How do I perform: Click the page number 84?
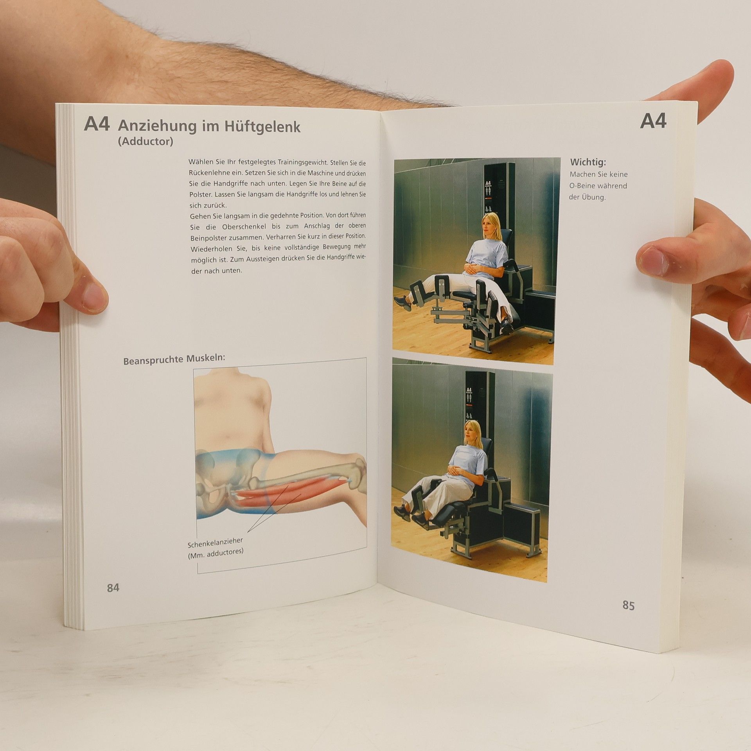coord(113,588)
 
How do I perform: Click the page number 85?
coord(628,605)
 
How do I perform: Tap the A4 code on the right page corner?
coord(653,121)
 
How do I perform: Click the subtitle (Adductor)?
coord(146,141)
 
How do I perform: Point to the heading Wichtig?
coord(588,162)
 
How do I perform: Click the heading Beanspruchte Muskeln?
coord(174,359)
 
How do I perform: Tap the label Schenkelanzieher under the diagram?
coord(215,543)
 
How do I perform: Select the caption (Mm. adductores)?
coord(216,553)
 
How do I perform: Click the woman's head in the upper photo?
coord(490,226)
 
